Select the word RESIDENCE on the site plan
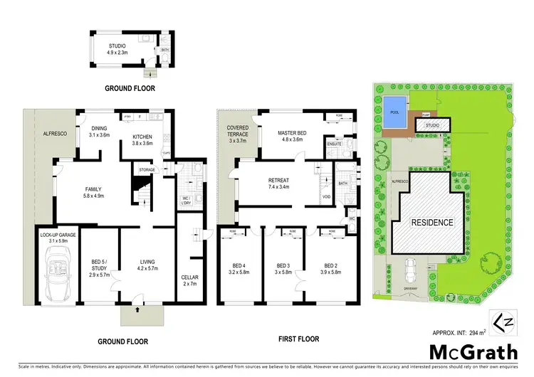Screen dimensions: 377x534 pos(431,222)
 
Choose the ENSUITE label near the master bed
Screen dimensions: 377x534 pos(335,145)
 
